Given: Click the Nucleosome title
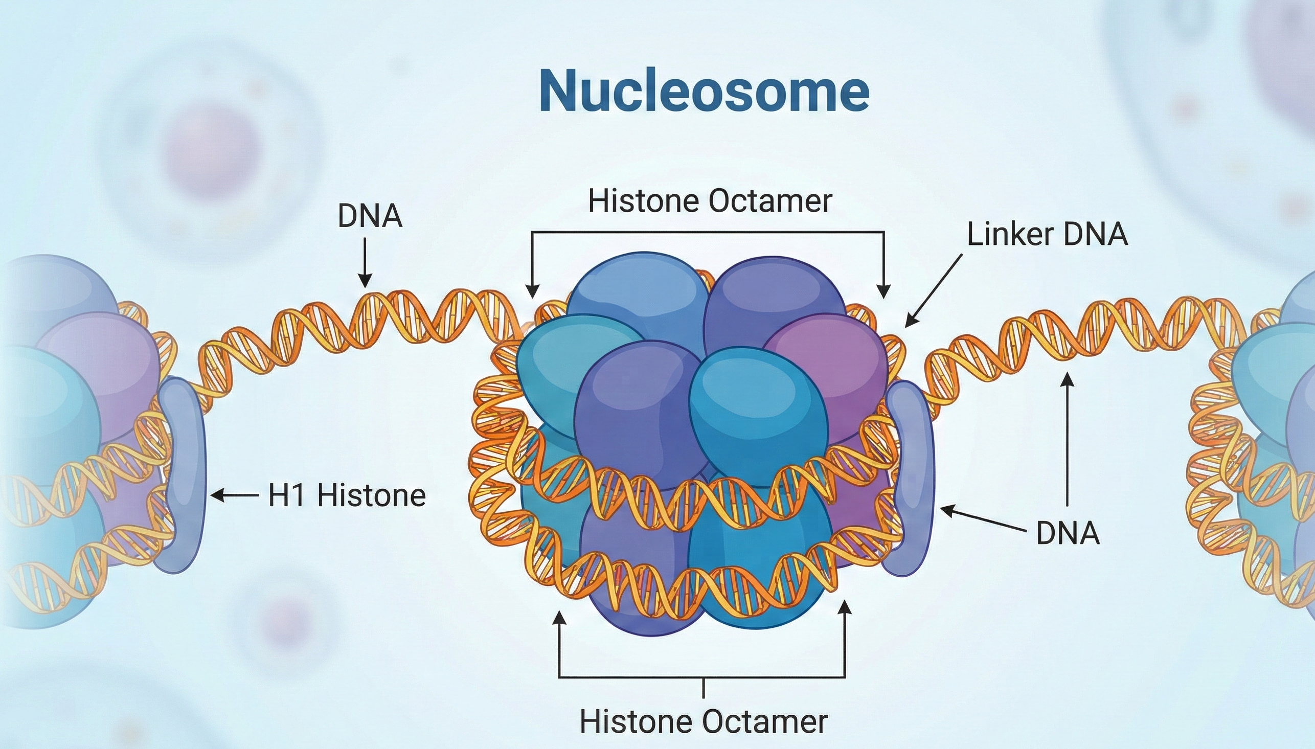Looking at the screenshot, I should tap(704, 91).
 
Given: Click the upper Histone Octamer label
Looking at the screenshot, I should tap(709, 200).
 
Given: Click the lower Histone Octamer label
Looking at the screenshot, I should tap(704, 722).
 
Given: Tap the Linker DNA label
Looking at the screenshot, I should tap(1047, 235).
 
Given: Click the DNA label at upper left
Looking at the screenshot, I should tap(370, 216).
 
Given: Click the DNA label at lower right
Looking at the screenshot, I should tap(1068, 533).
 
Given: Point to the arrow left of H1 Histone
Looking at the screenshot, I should tap(235, 496).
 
